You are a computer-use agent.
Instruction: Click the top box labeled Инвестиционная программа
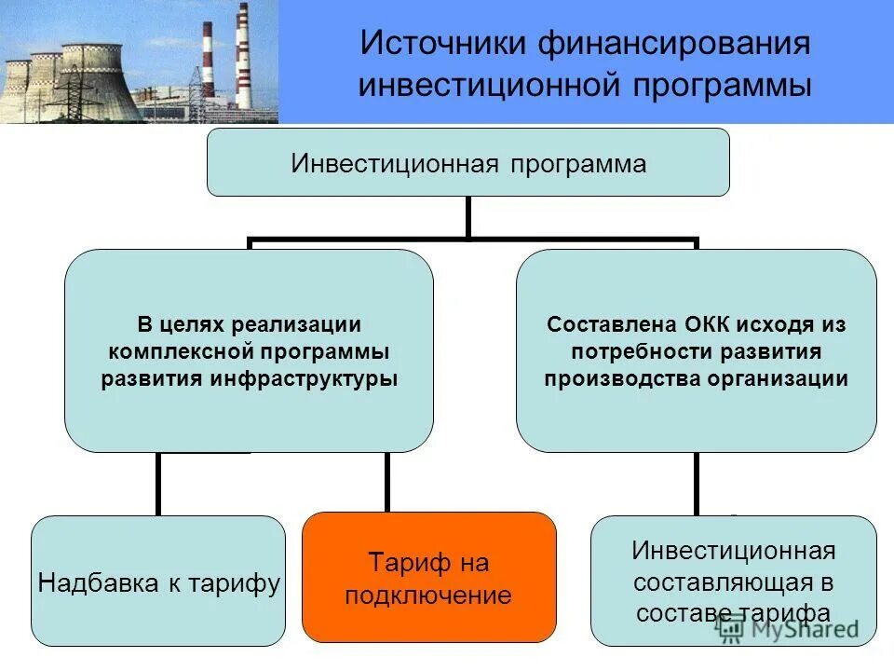(x=467, y=163)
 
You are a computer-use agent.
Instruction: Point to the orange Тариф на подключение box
(x=429, y=578)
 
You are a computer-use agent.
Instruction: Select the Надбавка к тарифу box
(x=158, y=582)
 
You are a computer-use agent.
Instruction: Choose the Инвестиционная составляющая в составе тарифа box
(x=734, y=581)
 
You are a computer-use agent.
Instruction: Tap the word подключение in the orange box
(x=428, y=596)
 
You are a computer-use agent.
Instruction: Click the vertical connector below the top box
(x=467, y=217)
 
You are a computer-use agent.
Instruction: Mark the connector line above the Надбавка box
(x=158, y=484)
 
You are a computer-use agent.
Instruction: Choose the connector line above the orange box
(x=387, y=482)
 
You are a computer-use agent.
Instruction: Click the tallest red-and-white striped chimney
(x=244, y=56)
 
